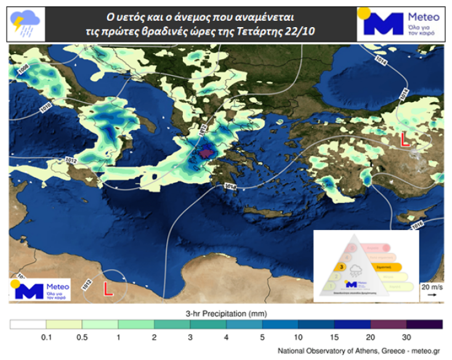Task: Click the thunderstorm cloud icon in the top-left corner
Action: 25,23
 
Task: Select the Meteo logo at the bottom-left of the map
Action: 39,289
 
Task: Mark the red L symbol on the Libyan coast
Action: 107,287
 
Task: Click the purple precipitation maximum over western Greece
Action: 204,151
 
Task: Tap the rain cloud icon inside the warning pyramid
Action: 355,270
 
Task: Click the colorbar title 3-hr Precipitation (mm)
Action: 226,313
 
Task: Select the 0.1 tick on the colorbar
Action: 46,337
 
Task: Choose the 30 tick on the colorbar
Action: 406,337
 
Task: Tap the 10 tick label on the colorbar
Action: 298,337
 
